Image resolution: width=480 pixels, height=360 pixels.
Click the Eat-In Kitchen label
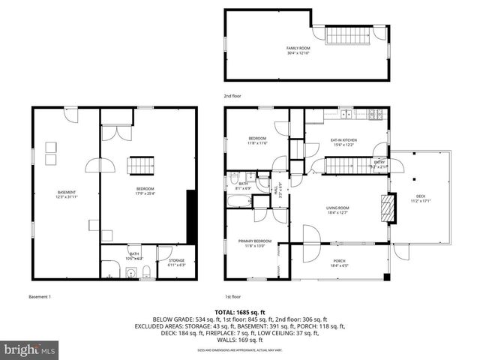[x=343, y=140]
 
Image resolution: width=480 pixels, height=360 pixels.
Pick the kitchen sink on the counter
[x=346, y=115]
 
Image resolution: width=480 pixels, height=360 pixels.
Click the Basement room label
[x=66, y=193]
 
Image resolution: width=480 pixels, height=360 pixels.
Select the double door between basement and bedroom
[x=100, y=166]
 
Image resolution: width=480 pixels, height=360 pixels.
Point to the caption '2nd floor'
[x=232, y=97]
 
